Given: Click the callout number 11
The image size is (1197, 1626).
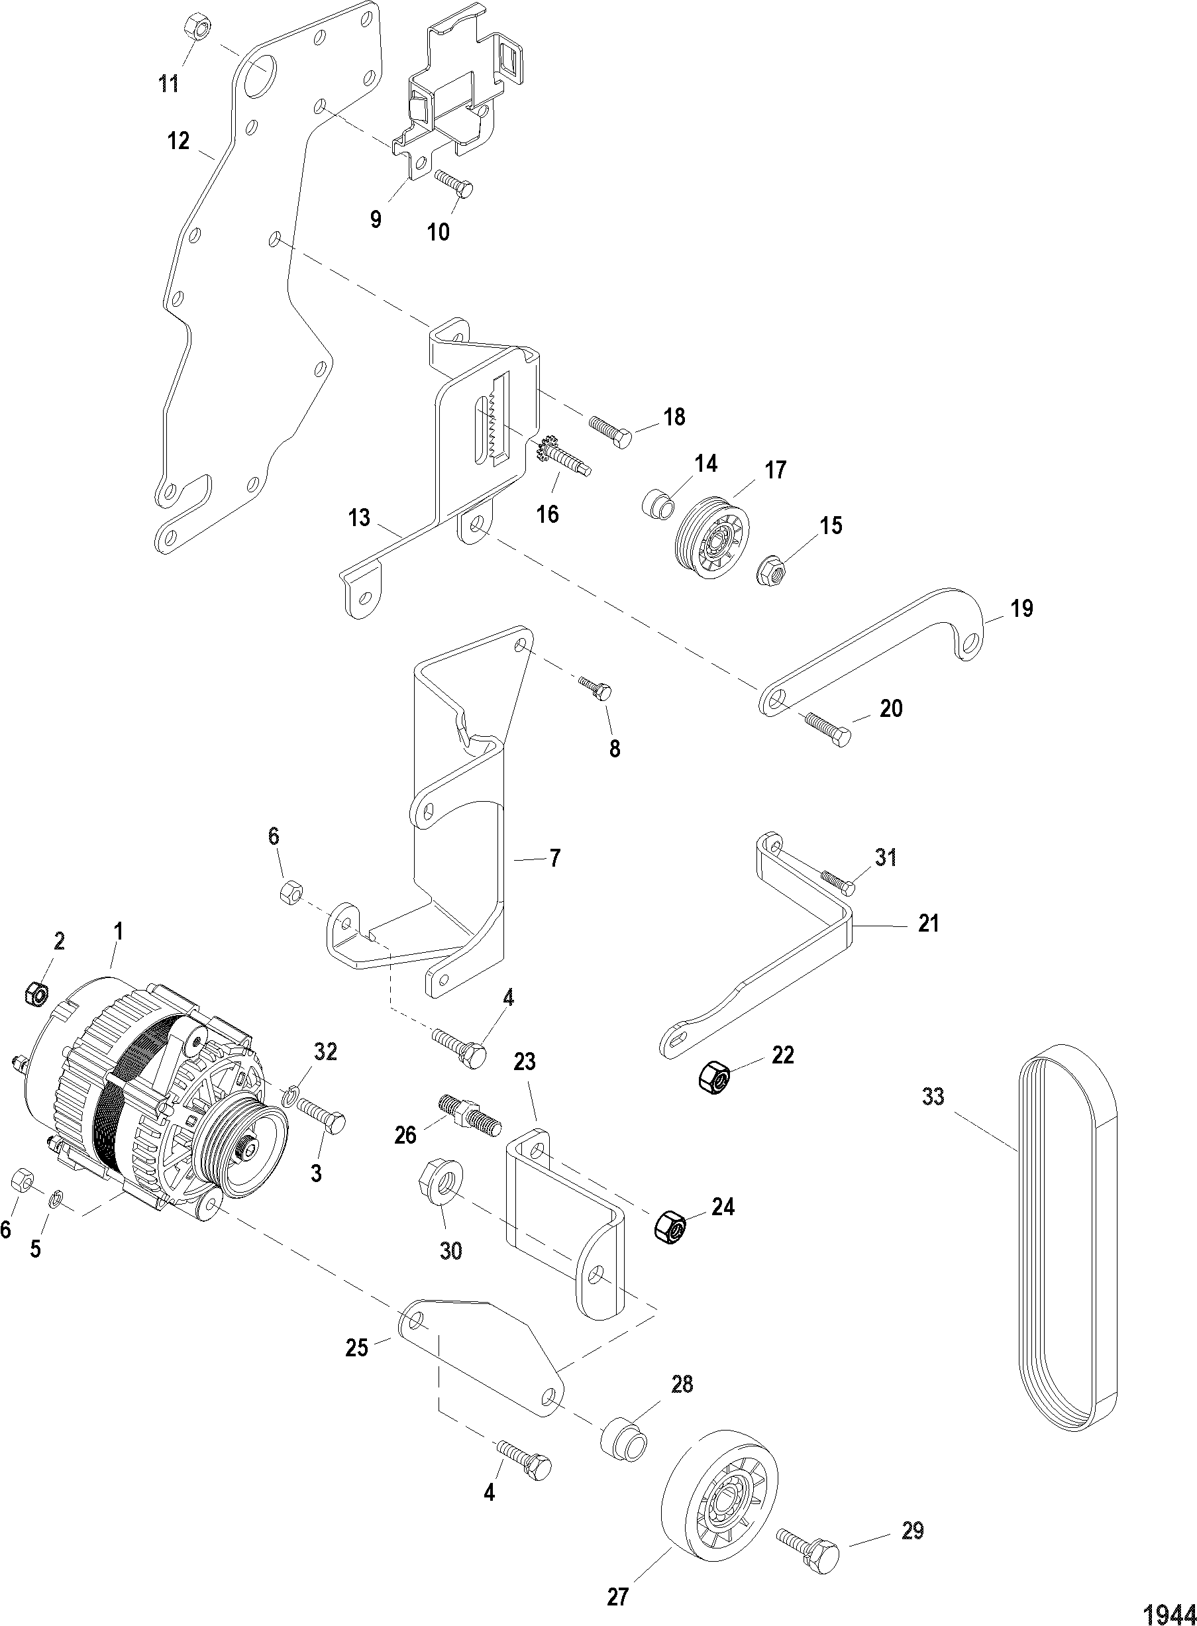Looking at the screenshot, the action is point(169,84).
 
